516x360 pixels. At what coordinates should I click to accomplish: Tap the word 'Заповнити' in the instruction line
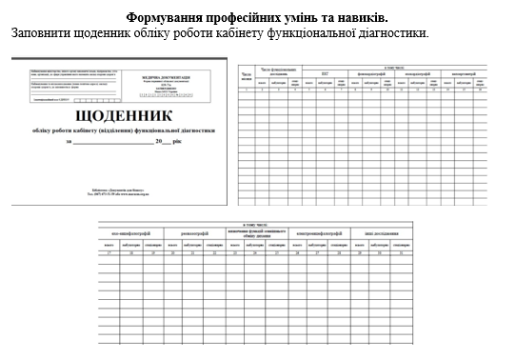click(x=41, y=33)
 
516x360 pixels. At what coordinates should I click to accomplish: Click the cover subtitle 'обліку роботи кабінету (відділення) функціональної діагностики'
click(x=120, y=130)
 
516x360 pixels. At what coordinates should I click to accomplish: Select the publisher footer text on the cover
click(x=120, y=190)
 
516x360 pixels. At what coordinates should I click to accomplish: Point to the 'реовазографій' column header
click(x=198, y=232)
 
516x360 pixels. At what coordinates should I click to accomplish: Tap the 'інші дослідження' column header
click(x=371, y=232)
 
